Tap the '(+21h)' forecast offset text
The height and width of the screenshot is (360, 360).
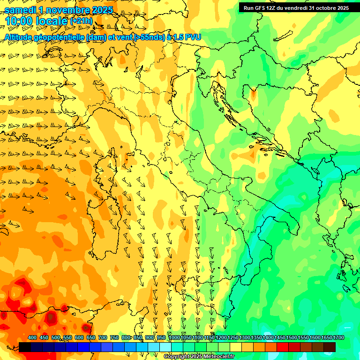[81, 21]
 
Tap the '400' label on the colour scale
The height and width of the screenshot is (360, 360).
[32, 338]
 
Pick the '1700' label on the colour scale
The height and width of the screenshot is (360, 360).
[338, 338]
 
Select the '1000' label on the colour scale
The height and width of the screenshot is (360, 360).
[174, 338]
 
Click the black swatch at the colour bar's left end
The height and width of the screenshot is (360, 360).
[25, 347]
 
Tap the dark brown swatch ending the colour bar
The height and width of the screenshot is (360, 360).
[330, 347]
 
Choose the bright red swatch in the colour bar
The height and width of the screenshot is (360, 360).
[283, 347]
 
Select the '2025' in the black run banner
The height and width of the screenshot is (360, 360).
[343, 8]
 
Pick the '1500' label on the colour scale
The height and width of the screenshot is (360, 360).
[292, 338]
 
